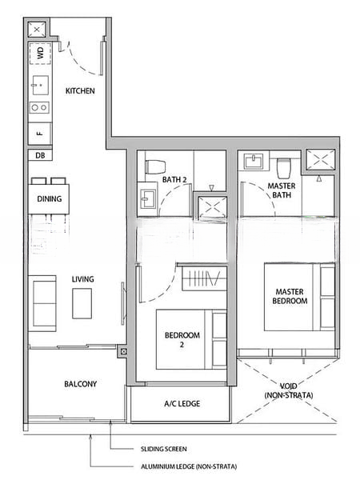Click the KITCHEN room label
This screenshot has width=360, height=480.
(x=80, y=91)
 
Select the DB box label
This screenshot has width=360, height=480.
(x=39, y=156)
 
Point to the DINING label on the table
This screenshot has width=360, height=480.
(x=49, y=199)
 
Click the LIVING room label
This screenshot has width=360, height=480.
(x=82, y=279)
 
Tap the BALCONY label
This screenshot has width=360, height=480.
(x=80, y=384)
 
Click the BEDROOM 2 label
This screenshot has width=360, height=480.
(x=182, y=340)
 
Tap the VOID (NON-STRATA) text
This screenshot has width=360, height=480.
(x=286, y=390)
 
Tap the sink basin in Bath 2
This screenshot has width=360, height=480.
(x=148, y=196)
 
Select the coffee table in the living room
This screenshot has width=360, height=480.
(x=82, y=303)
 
